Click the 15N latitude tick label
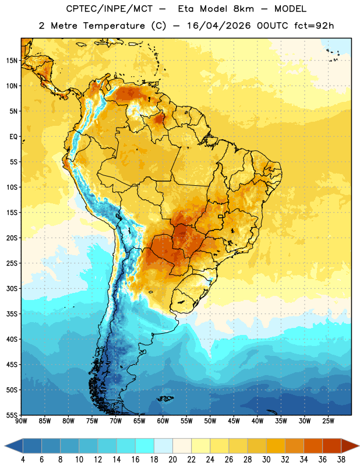coord(12,61)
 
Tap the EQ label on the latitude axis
coord(13,137)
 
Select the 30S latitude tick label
coord(12,288)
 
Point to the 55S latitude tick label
coord(12,415)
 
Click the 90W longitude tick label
coord(22,421)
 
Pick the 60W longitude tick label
coord(163,421)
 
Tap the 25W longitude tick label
coord(328,421)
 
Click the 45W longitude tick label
coord(234,421)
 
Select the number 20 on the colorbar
coord(172,460)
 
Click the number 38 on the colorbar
coord(341,460)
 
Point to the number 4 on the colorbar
coord(23,460)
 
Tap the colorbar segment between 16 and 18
coord(145,446)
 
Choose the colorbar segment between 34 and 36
coord(313,446)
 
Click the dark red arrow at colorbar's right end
coord(350,446)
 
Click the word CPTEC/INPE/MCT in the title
coord(109,9)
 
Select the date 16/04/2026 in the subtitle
coord(218,26)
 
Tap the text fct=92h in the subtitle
coord(314,26)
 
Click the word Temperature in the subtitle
coord(114,26)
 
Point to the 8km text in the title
coord(243,9)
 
